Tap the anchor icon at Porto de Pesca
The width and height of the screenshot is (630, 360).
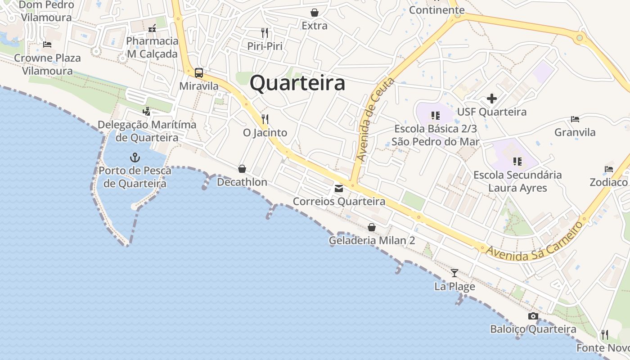[135, 157]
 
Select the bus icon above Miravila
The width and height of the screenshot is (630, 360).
[198, 72]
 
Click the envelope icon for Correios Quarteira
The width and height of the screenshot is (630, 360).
[339, 189]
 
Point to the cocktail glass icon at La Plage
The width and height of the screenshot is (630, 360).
[454, 273]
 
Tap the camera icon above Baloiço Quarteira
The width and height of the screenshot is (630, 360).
[533, 316]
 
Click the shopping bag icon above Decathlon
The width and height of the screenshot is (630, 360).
[242, 169]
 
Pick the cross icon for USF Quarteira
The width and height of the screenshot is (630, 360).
[492, 99]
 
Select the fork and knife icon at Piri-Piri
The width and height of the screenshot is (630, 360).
[265, 33]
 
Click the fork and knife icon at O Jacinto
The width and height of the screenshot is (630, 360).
[265, 119]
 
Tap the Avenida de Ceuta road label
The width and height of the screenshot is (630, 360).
[375, 120]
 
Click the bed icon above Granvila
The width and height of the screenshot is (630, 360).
[575, 119]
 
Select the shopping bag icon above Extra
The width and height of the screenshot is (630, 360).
[315, 13]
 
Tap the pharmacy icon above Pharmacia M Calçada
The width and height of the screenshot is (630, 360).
[153, 28]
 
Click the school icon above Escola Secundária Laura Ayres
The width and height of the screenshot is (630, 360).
[517, 161]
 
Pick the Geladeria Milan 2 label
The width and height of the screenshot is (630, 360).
[372, 240]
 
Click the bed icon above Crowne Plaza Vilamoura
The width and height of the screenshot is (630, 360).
[47, 45]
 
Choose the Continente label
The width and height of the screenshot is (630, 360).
[436, 10]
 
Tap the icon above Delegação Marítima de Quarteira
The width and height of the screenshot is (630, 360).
[146, 111]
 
